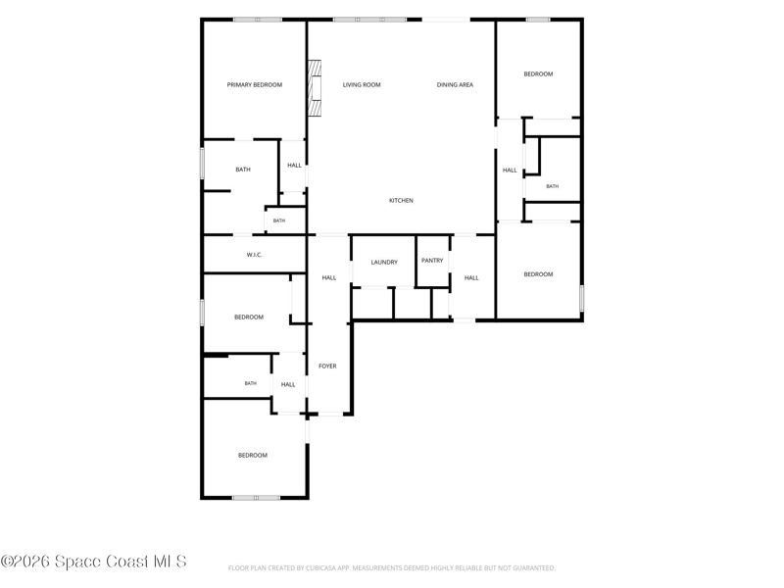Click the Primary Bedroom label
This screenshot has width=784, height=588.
point(255,85)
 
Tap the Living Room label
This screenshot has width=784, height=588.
point(362,85)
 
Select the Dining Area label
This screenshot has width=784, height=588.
point(455,85)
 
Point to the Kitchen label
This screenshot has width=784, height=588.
point(401,201)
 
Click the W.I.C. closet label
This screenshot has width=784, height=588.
point(254,255)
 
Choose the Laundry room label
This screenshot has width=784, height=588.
point(384,263)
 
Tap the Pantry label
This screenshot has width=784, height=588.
point(432,261)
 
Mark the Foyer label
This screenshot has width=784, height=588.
point(327,367)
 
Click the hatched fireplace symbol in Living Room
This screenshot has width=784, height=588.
point(314,88)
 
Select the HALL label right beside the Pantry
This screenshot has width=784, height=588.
point(471,278)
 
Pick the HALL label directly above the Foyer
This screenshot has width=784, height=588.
point(329,278)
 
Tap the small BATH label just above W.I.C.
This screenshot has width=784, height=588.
point(279,221)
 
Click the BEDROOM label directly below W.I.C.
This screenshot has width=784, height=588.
point(249,318)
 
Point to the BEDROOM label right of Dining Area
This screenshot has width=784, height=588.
point(538,74)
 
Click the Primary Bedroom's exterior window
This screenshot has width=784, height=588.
point(257,20)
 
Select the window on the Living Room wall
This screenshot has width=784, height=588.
point(369,20)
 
